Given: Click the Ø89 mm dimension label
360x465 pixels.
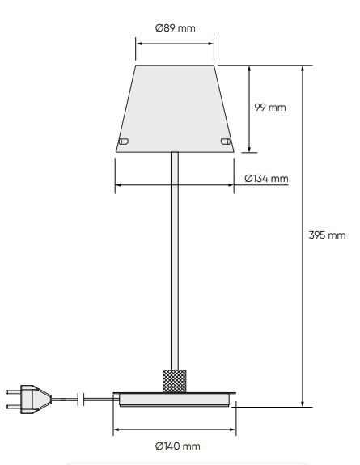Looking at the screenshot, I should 175,27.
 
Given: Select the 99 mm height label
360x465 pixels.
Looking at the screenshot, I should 270,107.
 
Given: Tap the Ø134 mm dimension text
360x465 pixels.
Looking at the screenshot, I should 266,178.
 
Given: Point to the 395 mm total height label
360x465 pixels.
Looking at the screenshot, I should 327,235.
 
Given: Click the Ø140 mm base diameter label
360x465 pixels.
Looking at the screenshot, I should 176,446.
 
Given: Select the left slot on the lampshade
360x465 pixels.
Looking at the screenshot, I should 124,142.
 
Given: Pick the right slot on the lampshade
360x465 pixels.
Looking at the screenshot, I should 224,142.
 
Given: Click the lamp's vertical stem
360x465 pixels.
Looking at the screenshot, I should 174,259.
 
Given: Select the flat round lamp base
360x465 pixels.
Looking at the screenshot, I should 176,399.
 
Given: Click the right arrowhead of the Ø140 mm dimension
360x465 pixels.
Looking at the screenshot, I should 233,430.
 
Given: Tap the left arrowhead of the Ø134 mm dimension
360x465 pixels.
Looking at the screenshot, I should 119,185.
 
